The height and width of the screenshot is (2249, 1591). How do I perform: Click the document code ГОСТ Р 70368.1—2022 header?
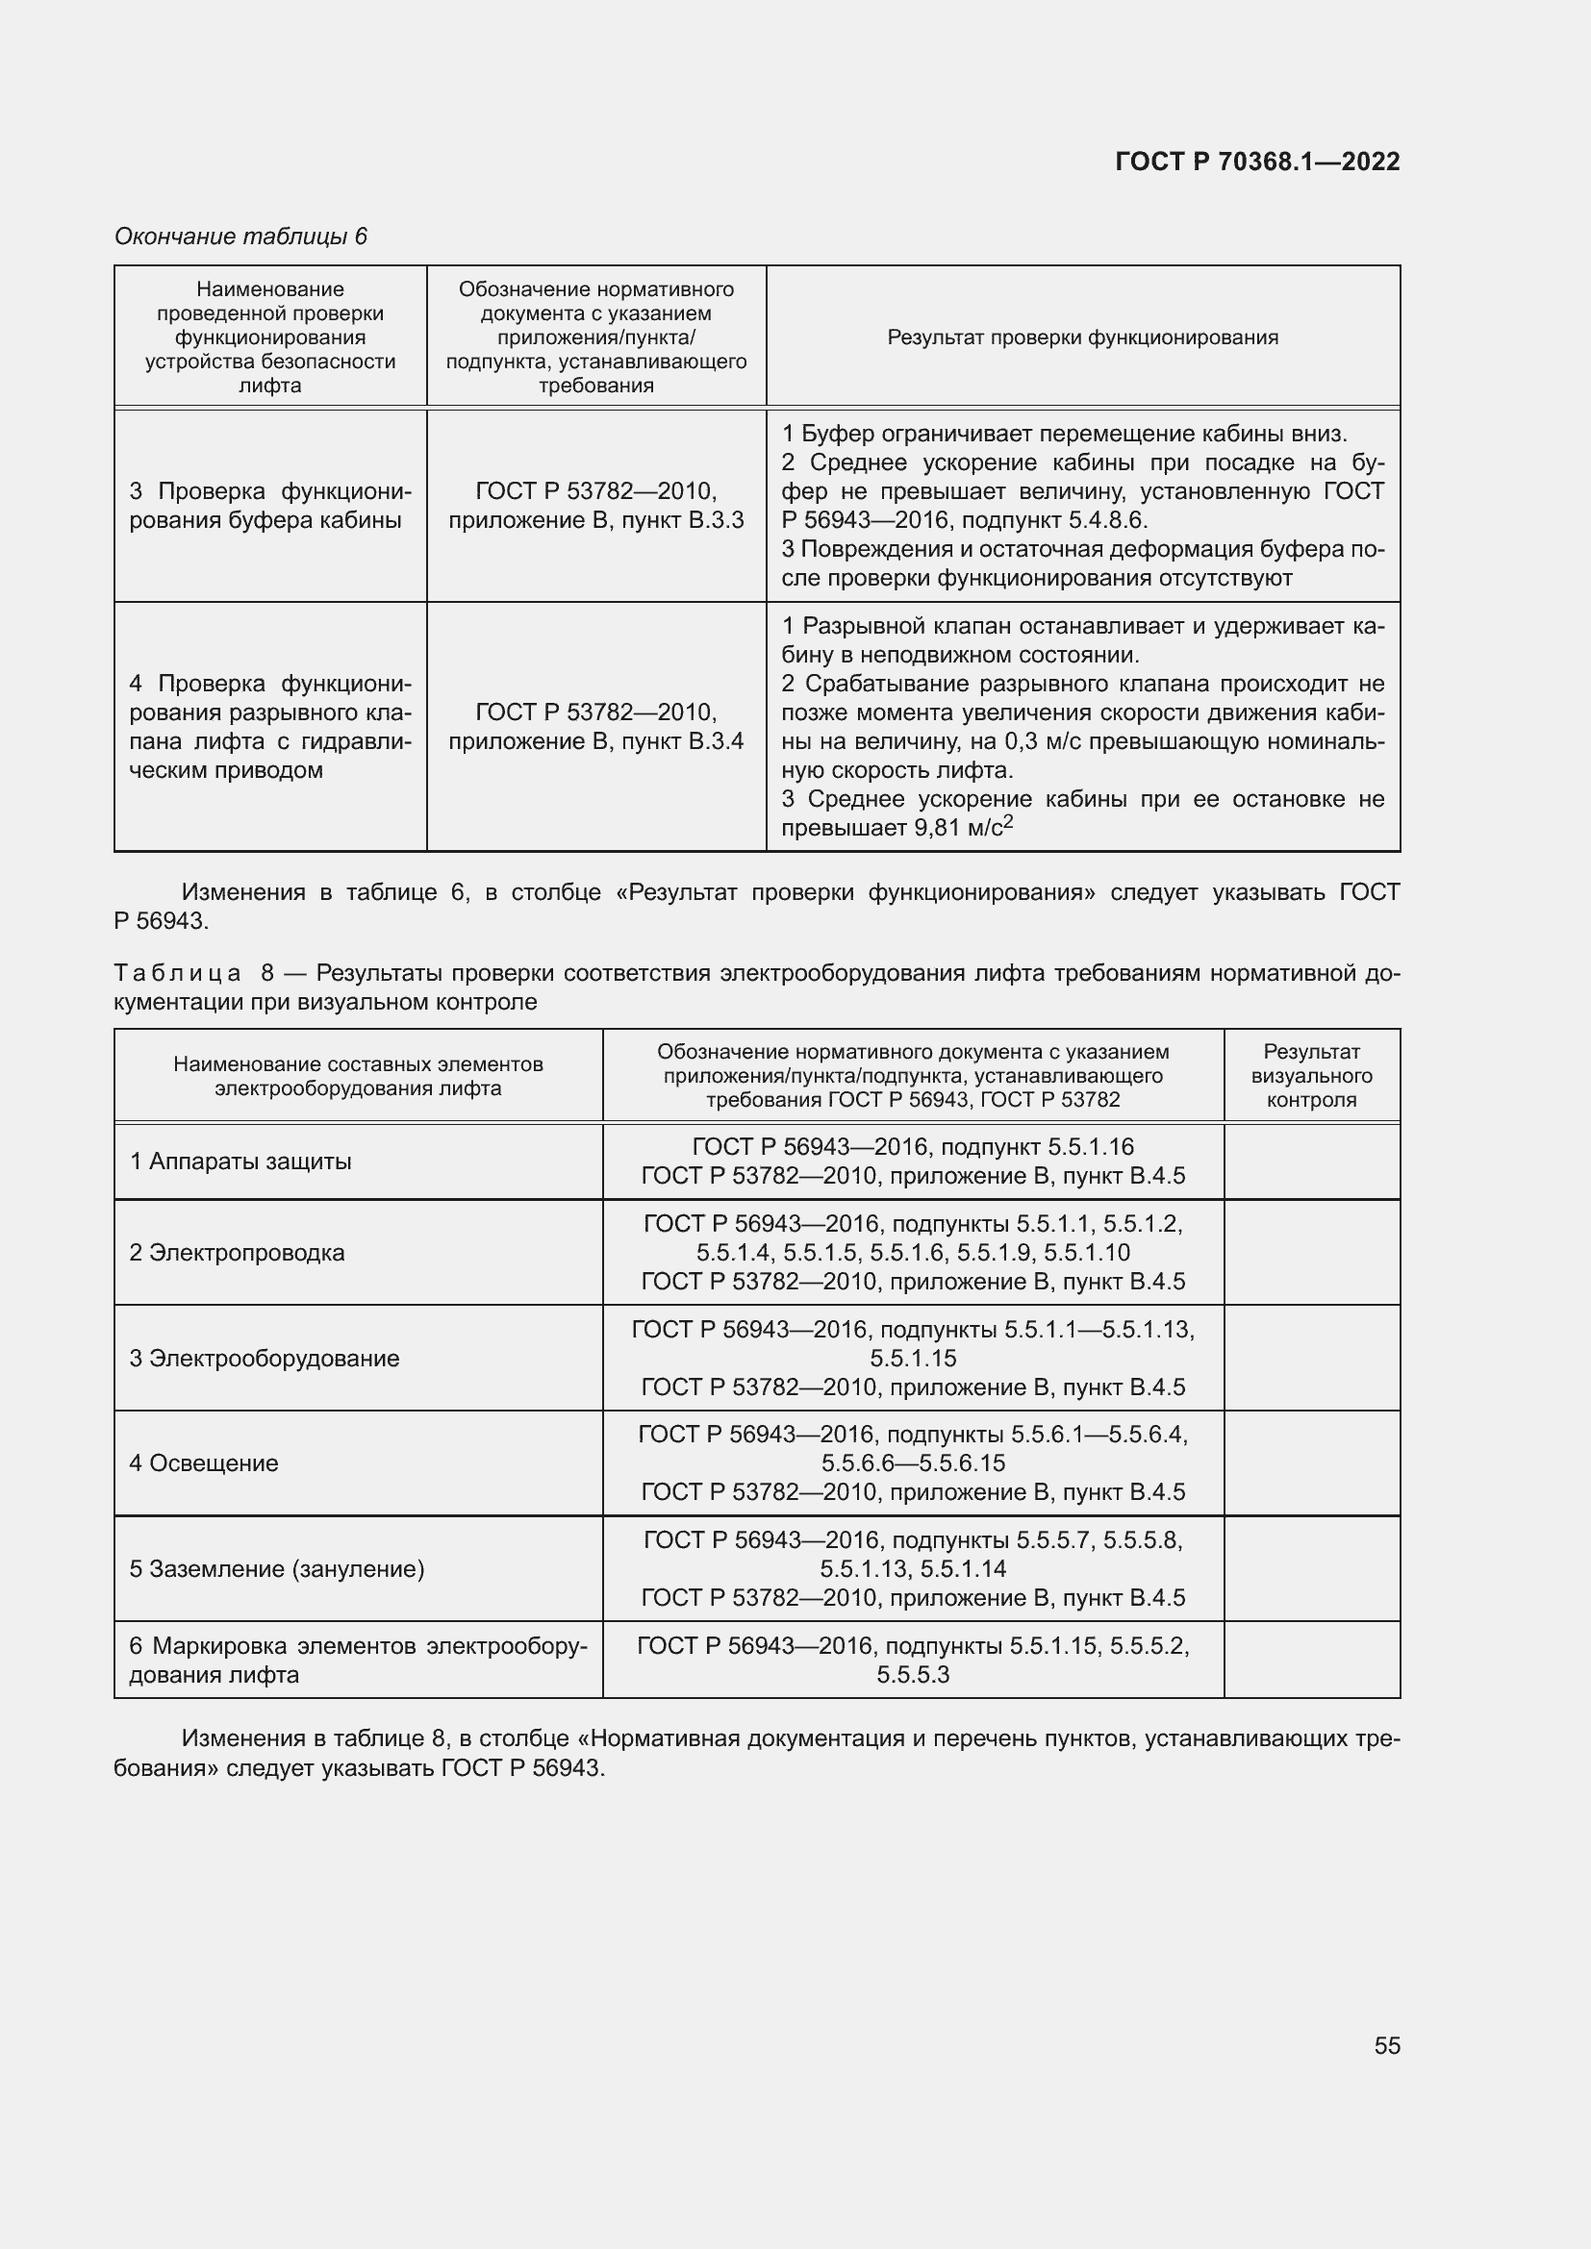click(x=1257, y=162)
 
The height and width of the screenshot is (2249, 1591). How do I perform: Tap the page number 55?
click(x=1386, y=2045)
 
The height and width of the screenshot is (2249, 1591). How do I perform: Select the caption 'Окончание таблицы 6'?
click(x=240, y=237)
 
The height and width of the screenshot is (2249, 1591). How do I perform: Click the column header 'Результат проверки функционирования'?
click(x=1082, y=337)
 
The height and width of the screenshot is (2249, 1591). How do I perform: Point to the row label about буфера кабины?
click(x=269, y=506)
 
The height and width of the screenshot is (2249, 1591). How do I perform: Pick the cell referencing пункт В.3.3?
click(x=595, y=506)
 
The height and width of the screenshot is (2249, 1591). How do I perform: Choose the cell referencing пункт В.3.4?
click(x=595, y=726)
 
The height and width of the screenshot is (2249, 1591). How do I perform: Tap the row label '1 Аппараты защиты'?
click(x=240, y=1162)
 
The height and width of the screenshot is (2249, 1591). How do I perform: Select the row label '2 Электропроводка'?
click(x=237, y=1253)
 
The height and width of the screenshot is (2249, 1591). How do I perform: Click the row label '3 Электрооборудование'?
click(x=265, y=1359)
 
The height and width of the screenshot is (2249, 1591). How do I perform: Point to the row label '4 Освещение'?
click(x=204, y=1463)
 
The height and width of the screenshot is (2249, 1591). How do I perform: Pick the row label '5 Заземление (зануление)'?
click(x=277, y=1569)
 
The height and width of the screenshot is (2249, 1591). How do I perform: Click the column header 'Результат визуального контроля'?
click(x=1311, y=1076)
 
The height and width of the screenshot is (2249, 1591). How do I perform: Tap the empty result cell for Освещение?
click(x=1311, y=1463)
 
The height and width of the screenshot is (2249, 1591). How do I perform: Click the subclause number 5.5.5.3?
click(x=913, y=1674)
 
